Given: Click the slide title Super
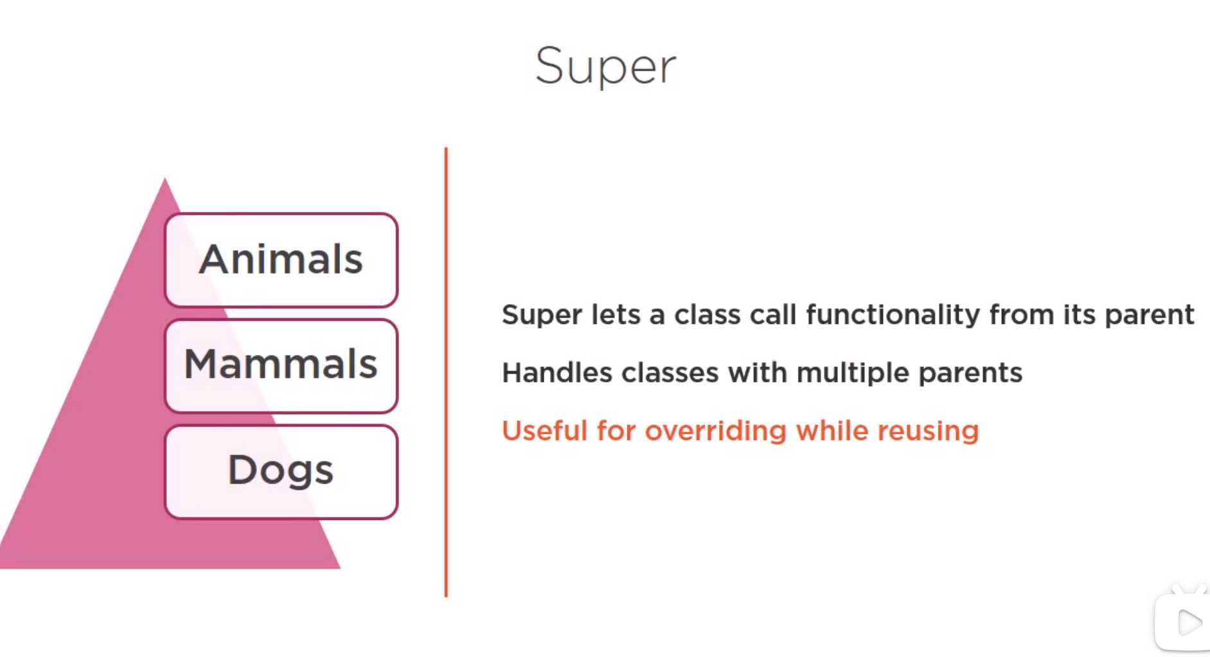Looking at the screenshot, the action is click(605, 66).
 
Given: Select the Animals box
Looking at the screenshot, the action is click(281, 260).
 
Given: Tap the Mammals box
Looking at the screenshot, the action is click(281, 366).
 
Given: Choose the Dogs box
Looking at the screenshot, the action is click(281, 471).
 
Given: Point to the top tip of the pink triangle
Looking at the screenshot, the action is click(165, 178).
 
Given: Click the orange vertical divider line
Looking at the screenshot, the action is click(446, 372).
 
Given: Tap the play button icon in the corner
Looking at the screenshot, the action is click(1189, 622).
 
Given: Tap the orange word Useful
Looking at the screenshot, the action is click(545, 431).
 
